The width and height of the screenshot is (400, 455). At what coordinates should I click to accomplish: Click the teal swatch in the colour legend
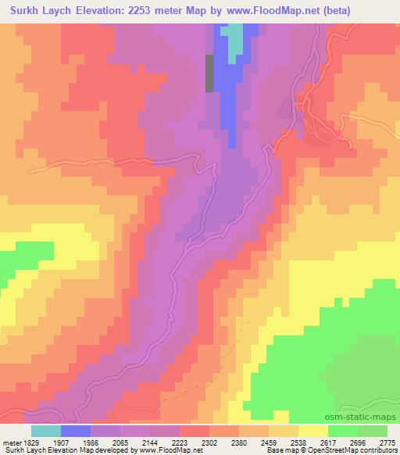[x=46, y=431]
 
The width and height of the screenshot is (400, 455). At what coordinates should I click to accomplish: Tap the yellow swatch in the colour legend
[x=312, y=431]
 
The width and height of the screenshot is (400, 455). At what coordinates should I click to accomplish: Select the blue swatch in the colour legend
[x=76, y=431]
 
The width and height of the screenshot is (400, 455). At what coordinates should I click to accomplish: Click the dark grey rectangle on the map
[x=209, y=73]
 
